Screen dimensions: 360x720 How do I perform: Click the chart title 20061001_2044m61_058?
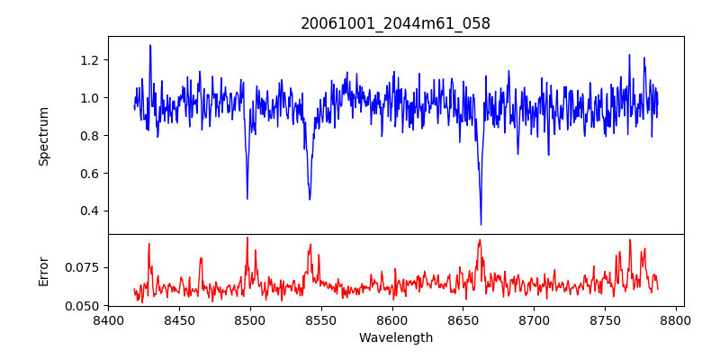[x=395, y=23]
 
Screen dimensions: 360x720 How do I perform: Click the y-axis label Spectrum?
[x=43, y=136]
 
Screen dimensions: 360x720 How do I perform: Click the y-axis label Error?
[x=43, y=271]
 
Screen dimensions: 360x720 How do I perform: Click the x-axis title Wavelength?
[x=395, y=338]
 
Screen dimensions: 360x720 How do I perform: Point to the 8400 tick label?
[x=108, y=319]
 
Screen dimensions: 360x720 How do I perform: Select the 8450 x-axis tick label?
[x=179, y=319]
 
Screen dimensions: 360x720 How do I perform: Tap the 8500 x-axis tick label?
[x=250, y=319]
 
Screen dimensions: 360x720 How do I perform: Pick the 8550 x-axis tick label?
[x=321, y=319]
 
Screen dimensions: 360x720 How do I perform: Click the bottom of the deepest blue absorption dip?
[x=481, y=224]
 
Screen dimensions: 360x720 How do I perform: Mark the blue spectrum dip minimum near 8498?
[x=247, y=199]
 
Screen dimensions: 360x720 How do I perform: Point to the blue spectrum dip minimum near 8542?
[x=310, y=199]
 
